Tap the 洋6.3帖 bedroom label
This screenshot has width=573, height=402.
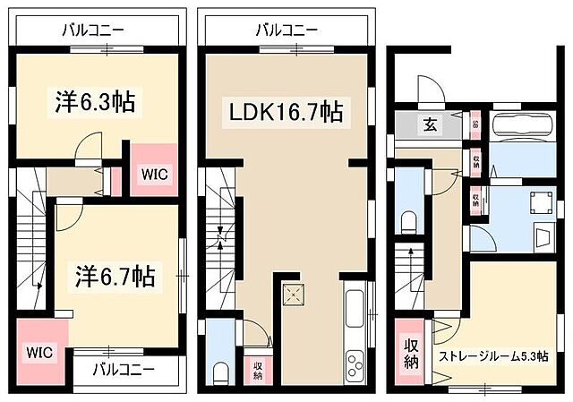pyautogui.click(x=90, y=103)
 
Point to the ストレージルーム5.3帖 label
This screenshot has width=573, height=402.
pyautogui.click(x=493, y=357)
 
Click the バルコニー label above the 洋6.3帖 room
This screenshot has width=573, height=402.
pyautogui.click(x=91, y=30)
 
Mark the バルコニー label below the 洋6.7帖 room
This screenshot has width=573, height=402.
pyautogui.click(x=124, y=368)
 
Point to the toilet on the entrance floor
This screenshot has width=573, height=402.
pyautogui.click(x=410, y=221)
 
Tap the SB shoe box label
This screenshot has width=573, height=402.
pyautogui.click(x=475, y=124)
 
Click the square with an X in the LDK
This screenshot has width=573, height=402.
pyautogui.click(x=294, y=295)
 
